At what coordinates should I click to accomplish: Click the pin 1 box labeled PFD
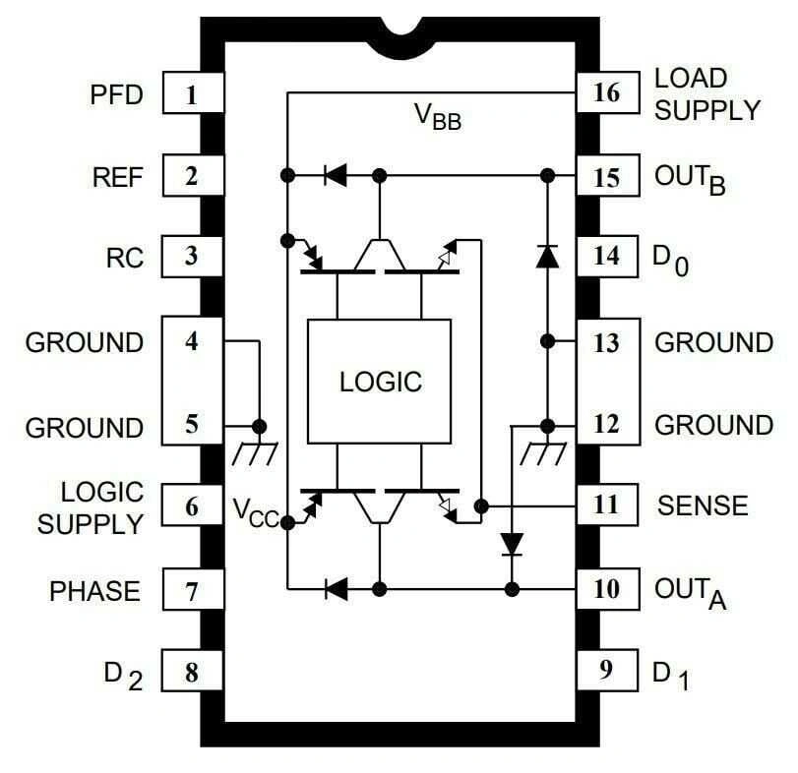(191, 95)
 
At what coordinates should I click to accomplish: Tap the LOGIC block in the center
(380, 381)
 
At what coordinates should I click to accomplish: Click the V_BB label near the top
(437, 117)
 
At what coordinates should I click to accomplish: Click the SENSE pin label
(703, 505)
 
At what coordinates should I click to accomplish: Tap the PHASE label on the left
(94, 591)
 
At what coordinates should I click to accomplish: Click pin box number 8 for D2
(191, 673)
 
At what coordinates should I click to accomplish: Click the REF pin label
(118, 177)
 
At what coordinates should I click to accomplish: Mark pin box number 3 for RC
(191, 257)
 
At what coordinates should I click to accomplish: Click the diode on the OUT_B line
(336, 176)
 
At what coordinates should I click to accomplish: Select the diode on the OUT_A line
(336, 589)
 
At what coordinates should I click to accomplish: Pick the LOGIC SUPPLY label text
(91, 507)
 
